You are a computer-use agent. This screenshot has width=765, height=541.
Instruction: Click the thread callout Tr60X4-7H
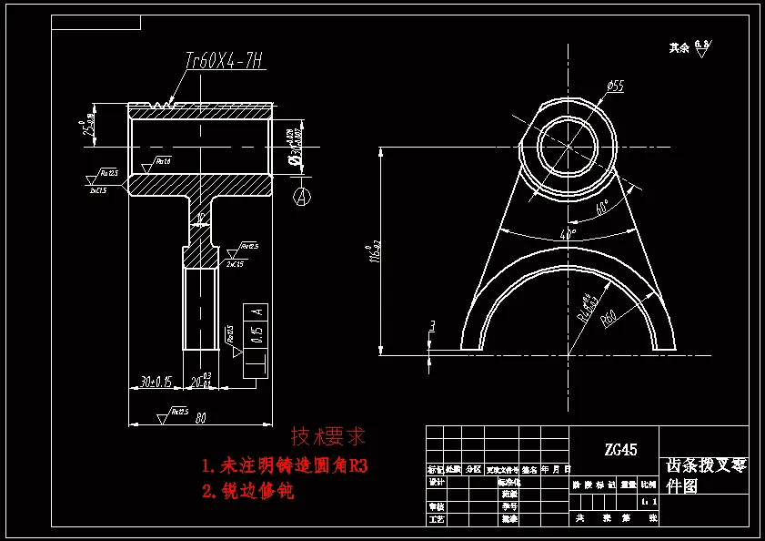[x=224, y=61]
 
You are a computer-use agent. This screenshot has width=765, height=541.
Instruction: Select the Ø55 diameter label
[x=615, y=87]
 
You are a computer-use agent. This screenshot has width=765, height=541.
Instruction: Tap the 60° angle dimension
[x=600, y=208]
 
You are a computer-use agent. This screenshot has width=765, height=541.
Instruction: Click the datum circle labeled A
[x=302, y=195]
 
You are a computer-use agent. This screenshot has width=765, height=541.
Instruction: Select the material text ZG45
[x=620, y=449]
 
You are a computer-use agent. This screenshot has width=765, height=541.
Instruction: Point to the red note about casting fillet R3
[x=285, y=466]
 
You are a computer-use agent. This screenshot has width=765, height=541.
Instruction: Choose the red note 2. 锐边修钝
[x=248, y=492]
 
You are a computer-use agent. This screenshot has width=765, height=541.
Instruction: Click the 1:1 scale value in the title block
[x=648, y=501]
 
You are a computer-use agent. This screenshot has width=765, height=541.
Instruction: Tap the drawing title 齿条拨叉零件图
[x=704, y=475]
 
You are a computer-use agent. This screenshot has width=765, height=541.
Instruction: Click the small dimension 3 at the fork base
[x=433, y=325]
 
